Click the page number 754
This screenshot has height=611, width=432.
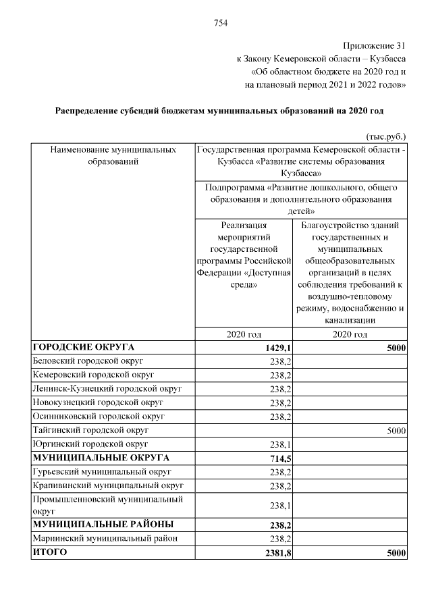(221, 23)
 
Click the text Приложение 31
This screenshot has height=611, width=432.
(375, 46)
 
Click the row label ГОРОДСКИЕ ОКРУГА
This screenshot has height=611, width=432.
(84, 348)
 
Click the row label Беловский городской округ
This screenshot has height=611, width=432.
(87, 361)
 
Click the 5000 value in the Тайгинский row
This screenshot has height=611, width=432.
(396, 430)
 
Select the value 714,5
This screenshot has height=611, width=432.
(279, 458)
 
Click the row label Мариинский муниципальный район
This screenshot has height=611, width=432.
(105, 538)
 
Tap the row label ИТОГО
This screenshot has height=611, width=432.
(50, 552)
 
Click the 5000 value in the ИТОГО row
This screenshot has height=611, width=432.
(396, 553)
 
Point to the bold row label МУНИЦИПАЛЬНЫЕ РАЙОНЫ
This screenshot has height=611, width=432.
(103, 524)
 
